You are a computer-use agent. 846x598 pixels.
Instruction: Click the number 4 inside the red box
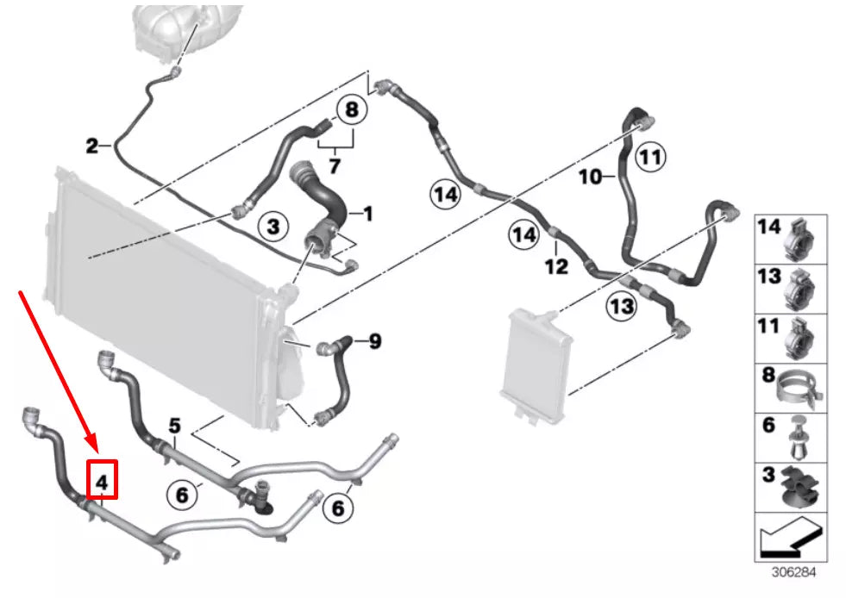click(102, 483)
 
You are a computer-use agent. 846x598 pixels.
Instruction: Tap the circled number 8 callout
click(350, 110)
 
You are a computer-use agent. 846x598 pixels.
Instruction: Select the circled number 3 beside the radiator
click(273, 227)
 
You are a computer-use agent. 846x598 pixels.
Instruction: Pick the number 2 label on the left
click(92, 146)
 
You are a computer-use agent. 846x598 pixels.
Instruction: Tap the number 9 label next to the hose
click(374, 342)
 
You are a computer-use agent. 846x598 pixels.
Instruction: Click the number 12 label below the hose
click(556, 267)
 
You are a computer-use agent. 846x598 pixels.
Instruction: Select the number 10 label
click(590, 178)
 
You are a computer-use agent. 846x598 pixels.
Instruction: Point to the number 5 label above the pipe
click(174, 425)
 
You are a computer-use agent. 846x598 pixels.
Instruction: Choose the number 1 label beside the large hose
click(367, 212)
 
